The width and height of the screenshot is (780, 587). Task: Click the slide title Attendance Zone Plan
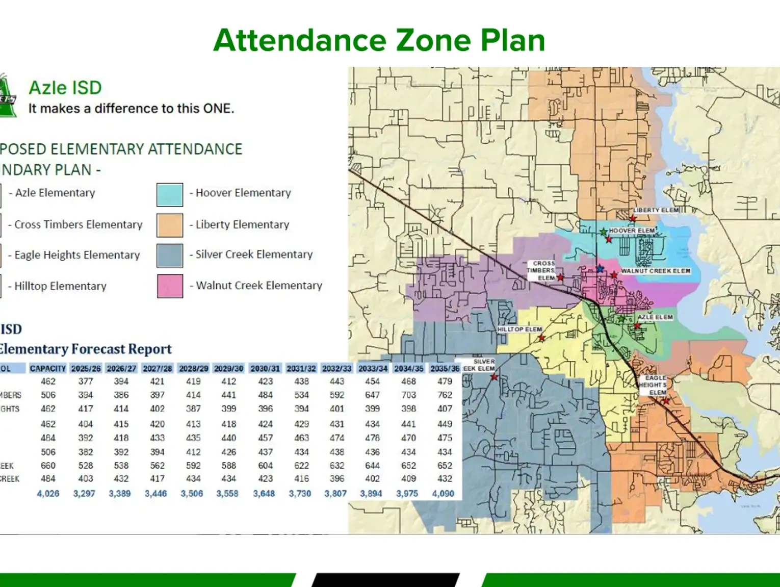(x=379, y=40)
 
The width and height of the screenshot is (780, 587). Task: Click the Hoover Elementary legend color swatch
(x=170, y=195)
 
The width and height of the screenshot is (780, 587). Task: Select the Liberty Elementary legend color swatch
(x=170, y=225)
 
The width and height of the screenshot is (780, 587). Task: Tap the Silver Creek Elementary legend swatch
(x=170, y=256)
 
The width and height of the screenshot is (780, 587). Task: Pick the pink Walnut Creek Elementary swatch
(x=170, y=286)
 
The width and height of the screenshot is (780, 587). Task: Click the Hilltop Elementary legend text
(x=60, y=286)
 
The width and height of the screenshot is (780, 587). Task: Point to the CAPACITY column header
(x=47, y=368)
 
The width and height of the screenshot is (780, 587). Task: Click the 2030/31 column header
(x=265, y=368)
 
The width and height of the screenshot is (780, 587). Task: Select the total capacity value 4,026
(x=48, y=494)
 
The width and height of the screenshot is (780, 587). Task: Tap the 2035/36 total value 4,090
(x=443, y=494)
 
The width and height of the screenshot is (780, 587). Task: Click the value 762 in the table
(x=445, y=395)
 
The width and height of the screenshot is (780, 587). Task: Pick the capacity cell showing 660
(x=48, y=466)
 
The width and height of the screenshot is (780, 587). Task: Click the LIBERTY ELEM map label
(x=656, y=210)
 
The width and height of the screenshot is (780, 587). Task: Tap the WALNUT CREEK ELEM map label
(x=656, y=271)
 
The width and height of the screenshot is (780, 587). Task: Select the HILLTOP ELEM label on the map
(x=519, y=329)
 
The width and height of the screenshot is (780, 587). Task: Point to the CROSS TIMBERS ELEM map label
(x=542, y=271)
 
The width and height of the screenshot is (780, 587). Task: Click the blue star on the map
(x=600, y=268)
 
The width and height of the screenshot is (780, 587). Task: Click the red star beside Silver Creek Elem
(x=494, y=377)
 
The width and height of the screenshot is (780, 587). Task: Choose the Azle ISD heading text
(x=65, y=88)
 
